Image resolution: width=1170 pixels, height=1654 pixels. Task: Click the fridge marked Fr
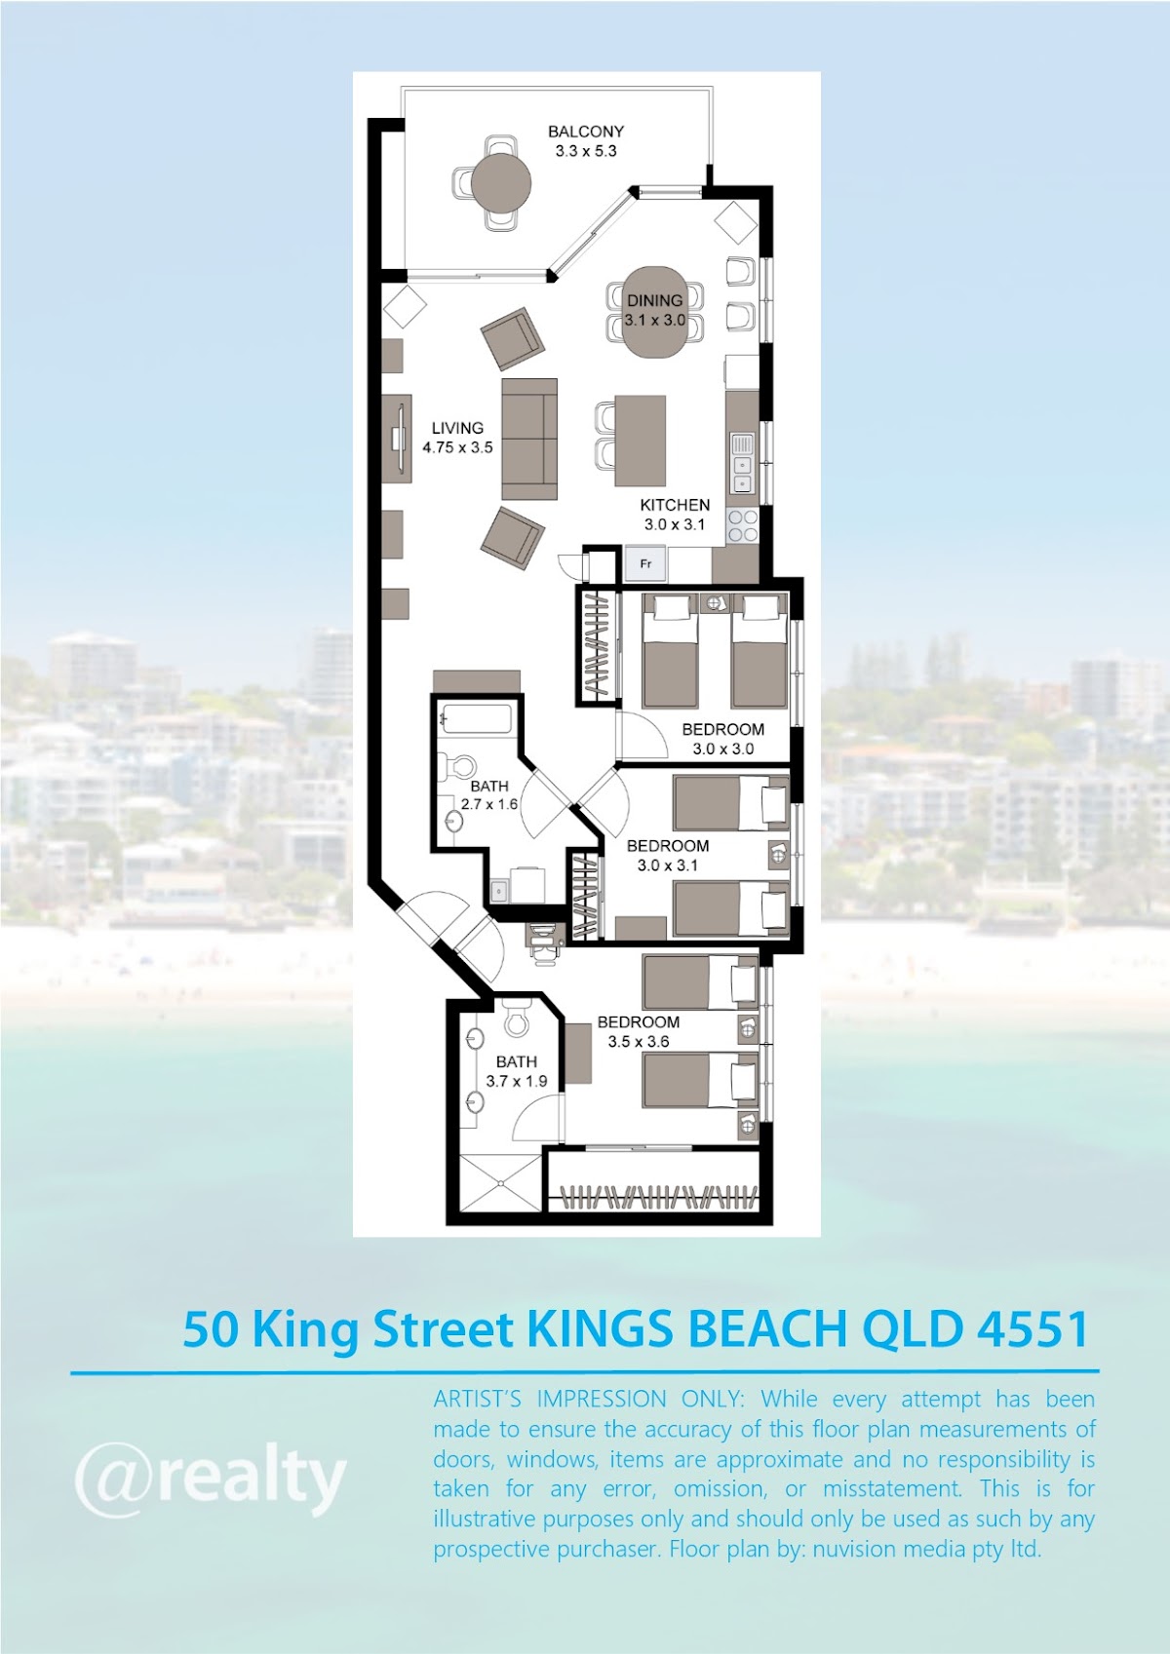click(645, 564)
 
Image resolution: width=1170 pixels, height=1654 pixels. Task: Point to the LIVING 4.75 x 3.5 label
click(457, 437)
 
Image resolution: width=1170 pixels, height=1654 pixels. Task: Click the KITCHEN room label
click(675, 505)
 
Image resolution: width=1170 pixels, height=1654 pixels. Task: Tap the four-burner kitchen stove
click(742, 525)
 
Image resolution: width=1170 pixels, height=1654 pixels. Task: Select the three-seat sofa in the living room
click(528, 440)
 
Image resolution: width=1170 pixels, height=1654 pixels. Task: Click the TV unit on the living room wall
click(397, 438)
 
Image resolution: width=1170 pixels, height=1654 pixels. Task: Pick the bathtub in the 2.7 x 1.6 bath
click(477, 718)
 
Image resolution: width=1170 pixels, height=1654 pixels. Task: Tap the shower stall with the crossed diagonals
click(501, 1183)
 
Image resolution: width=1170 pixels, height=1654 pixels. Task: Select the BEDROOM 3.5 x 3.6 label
click(639, 1031)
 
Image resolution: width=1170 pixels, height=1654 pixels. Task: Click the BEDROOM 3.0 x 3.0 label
click(722, 739)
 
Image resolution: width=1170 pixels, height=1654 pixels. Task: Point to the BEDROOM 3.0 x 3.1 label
click(667, 855)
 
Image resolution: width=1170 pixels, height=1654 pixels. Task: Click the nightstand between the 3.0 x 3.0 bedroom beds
click(715, 602)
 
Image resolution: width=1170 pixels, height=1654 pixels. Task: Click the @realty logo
click(211, 1479)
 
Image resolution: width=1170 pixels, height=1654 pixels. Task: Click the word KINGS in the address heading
click(600, 1329)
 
